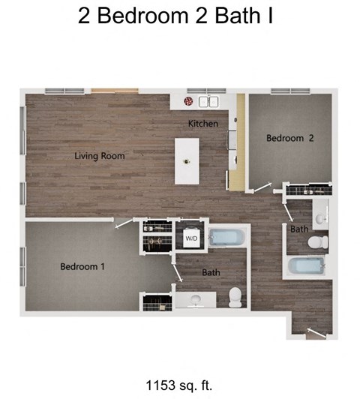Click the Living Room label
click(99, 156)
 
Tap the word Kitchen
click(203, 123)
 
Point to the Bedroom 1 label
click(82, 266)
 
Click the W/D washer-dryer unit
click(191, 238)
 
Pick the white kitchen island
click(187, 160)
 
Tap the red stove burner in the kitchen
click(188, 101)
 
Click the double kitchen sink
click(208, 101)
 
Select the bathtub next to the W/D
click(226, 238)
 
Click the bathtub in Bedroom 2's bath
click(306, 266)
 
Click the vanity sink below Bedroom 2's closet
click(320, 214)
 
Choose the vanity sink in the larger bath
click(196, 301)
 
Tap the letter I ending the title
click(269, 16)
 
